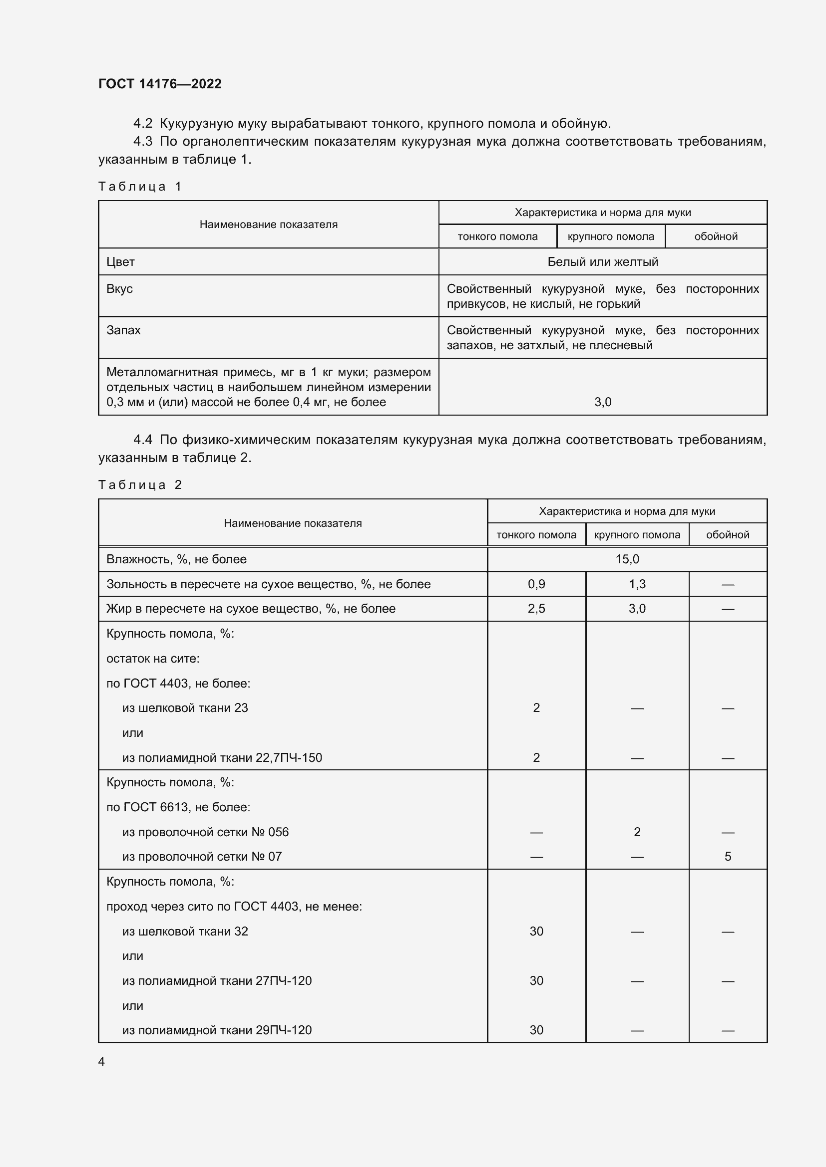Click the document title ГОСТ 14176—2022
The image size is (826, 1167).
[x=160, y=84]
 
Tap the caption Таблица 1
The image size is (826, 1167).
[x=140, y=187]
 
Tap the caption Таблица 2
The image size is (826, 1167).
[x=140, y=485]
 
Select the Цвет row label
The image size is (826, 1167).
[x=120, y=262]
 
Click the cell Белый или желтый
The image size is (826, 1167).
[x=602, y=262]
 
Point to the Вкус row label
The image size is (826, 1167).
[x=119, y=289]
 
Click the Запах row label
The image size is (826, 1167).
[x=123, y=330]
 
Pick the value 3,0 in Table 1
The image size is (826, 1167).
[x=602, y=402]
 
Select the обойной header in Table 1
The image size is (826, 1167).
[x=716, y=236]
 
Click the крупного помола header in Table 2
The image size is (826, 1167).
[x=637, y=535]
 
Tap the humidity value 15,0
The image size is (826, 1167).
[x=627, y=559]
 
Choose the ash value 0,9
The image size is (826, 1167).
[x=536, y=584]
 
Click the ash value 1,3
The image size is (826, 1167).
[x=637, y=584]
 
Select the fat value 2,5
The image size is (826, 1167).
[x=536, y=608]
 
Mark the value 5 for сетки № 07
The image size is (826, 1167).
[x=727, y=857]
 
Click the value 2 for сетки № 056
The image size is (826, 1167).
[x=637, y=832]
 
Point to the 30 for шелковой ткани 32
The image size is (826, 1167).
[x=536, y=931]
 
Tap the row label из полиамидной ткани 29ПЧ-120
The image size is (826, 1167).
[x=217, y=1030]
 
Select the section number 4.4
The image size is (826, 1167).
[x=142, y=440]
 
